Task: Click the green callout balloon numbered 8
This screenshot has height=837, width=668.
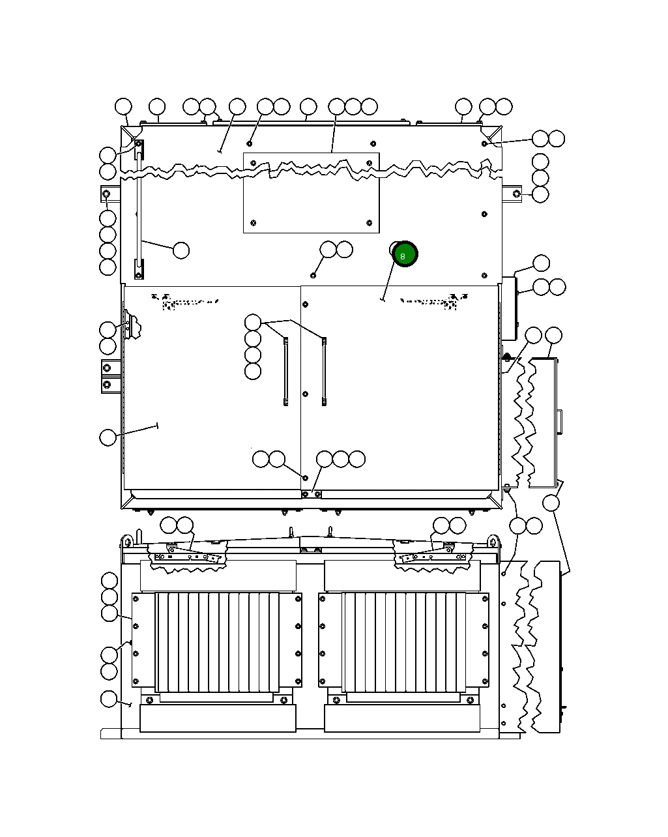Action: point(405,255)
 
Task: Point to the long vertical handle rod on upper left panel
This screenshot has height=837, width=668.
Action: point(139,215)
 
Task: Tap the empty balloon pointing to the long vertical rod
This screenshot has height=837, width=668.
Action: point(181,250)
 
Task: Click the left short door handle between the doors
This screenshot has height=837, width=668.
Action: point(285,372)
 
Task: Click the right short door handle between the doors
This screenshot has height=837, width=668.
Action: point(324,372)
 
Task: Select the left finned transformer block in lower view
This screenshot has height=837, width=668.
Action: point(217,642)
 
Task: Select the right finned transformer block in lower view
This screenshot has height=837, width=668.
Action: point(403,642)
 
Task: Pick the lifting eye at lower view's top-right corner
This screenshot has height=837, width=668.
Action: point(493,541)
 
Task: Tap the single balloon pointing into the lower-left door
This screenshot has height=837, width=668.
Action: point(108,437)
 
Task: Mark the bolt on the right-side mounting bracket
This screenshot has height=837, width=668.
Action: point(516,194)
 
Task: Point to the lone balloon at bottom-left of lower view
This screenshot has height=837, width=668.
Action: point(109,699)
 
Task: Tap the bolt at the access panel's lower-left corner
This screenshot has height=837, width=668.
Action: point(254,223)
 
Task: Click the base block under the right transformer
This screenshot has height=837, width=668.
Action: point(401,718)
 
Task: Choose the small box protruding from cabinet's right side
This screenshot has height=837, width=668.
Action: point(509,308)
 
